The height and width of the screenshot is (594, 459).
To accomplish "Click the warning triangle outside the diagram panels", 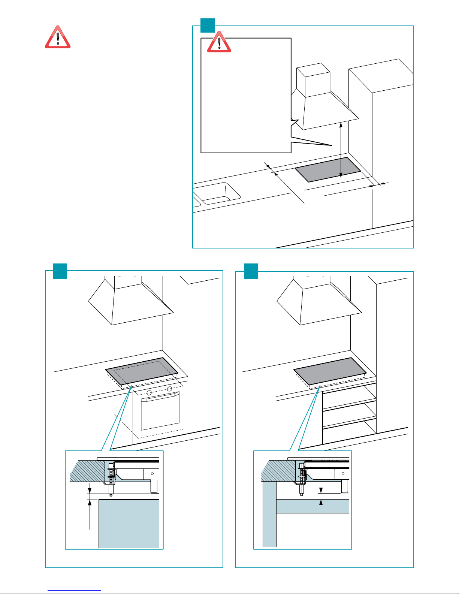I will click(x=58, y=37).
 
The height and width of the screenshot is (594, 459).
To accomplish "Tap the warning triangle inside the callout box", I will click(x=219, y=42).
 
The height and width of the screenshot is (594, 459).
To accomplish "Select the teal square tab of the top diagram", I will click(x=208, y=25).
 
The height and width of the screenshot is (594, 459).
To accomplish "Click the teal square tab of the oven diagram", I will click(x=60, y=271).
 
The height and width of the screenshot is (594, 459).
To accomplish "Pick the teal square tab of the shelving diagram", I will click(x=251, y=271).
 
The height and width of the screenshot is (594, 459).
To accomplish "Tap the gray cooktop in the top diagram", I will click(x=327, y=169).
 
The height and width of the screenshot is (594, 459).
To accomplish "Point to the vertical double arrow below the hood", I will click(x=341, y=150).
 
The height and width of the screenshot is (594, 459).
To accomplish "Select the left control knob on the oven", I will click(x=149, y=393).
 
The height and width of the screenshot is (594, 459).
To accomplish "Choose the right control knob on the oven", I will click(x=170, y=388).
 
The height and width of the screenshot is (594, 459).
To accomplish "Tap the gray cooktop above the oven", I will click(x=142, y=371).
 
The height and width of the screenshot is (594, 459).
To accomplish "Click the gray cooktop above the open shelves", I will click(x=330, y=371).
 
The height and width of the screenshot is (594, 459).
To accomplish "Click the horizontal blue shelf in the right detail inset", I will click(x=312, y=506).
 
